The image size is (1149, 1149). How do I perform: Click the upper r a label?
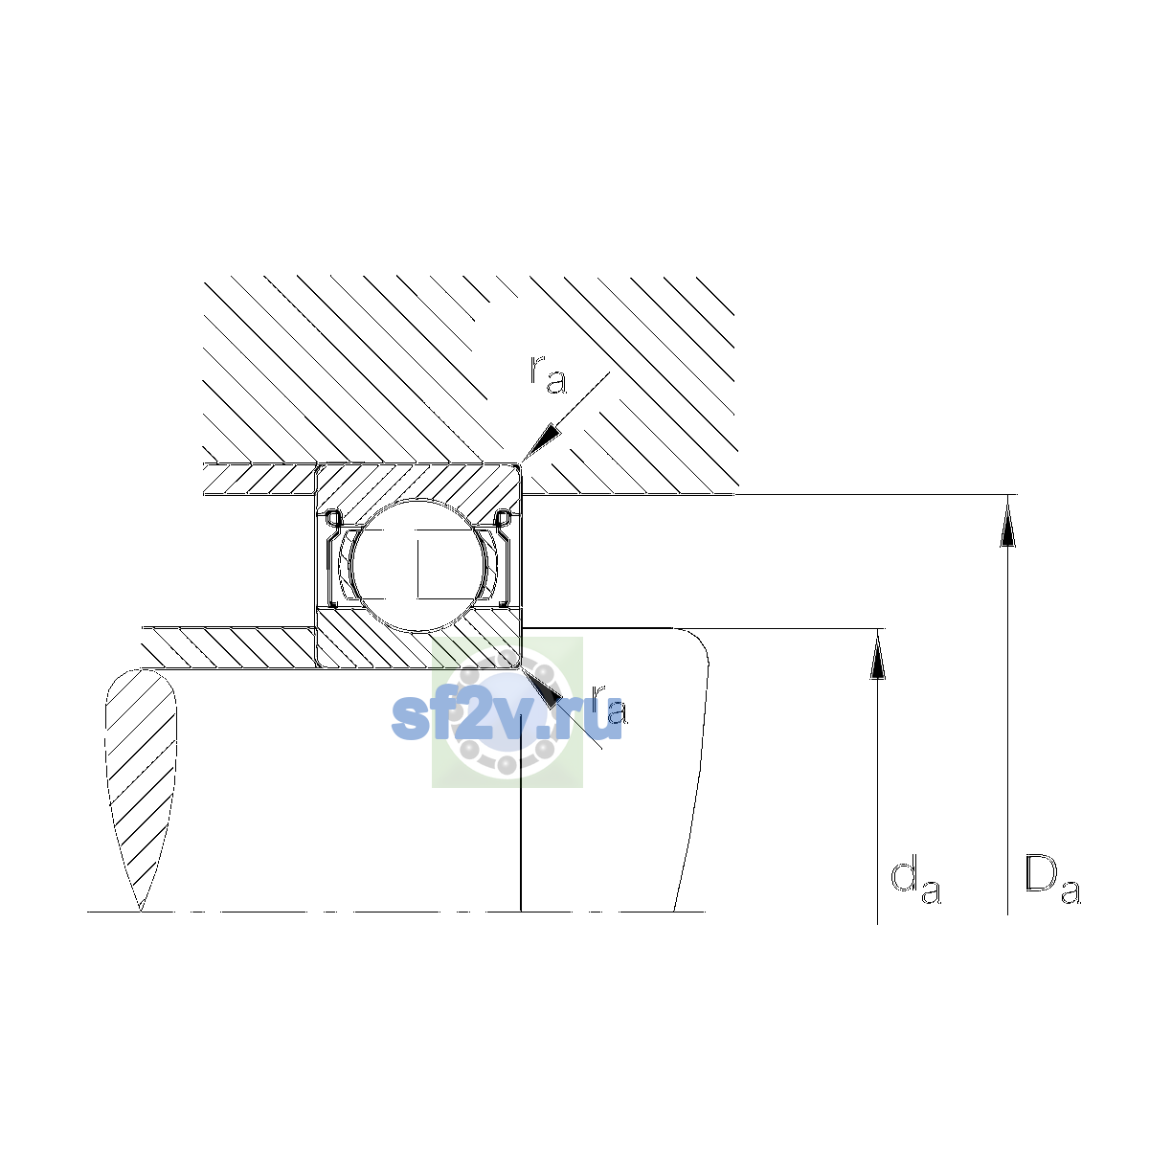point(548,375)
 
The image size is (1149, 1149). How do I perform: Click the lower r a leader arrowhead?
point(540,687)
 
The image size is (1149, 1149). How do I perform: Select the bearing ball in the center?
point(419,565)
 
